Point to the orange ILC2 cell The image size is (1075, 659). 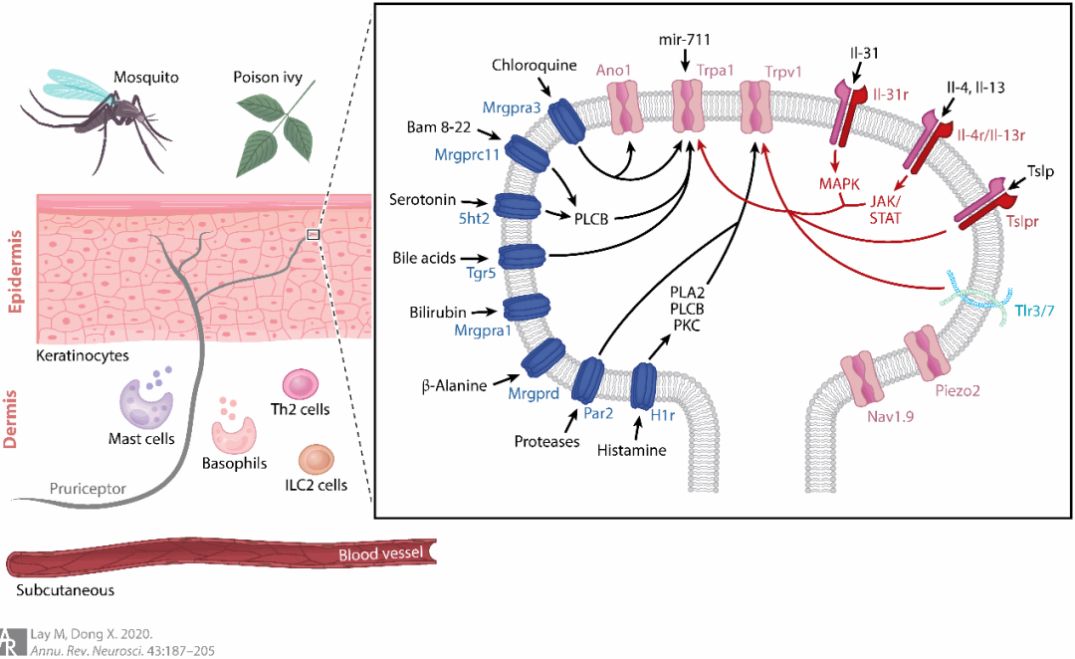317,460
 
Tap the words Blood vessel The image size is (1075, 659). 381,554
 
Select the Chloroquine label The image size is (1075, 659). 534,66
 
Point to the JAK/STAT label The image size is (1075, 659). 877,208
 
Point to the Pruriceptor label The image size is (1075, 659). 89,490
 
